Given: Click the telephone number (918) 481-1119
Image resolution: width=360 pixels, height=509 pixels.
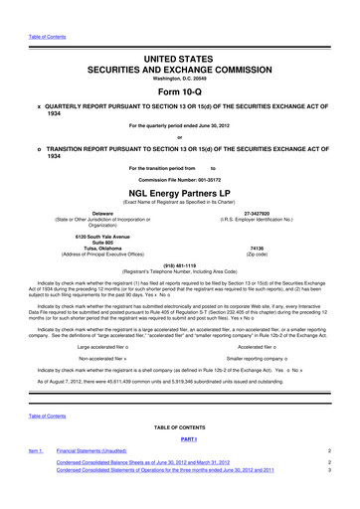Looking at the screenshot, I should click(x=179, y=265).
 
